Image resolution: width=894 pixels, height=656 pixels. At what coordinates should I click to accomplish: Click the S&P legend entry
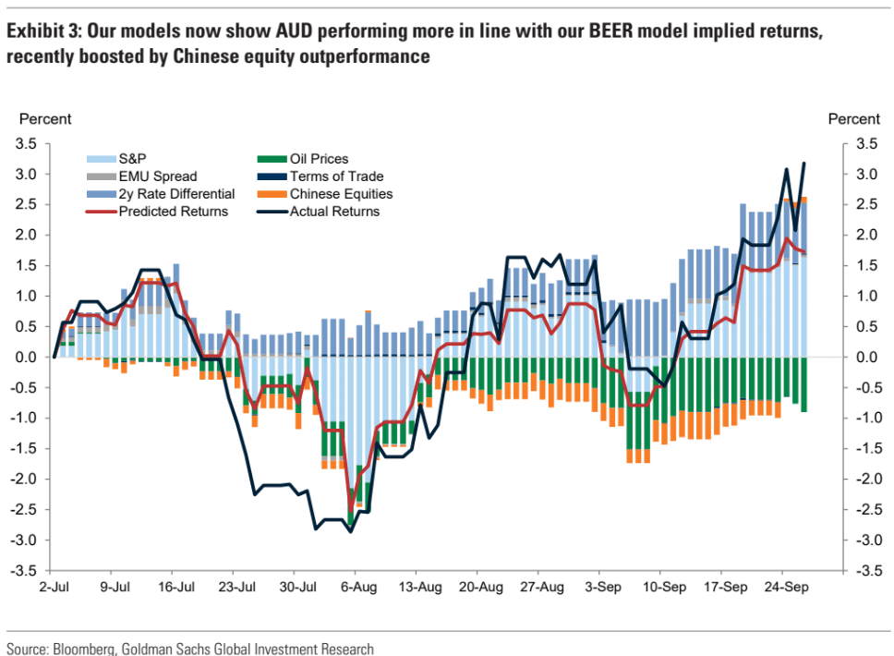click(x=133, y=159)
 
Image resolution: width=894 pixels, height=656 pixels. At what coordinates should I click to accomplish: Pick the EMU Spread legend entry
click(x=158, y=176)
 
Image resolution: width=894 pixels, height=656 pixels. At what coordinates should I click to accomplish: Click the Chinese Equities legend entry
click(x=341, y=194)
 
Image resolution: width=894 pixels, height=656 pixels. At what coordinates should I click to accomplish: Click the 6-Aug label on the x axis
click(x=357, y=586)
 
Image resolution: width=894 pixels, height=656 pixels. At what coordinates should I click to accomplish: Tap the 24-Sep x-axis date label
click(x=786, y=586)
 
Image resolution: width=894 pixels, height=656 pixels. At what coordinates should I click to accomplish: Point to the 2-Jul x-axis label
click(x=54, y=586)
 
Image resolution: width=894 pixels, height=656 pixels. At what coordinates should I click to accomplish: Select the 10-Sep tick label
click(x=664, y=586)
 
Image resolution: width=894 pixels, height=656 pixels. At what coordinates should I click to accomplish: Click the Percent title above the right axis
click(x=853, y=119)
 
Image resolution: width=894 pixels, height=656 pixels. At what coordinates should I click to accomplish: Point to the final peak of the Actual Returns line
click(x=803, y=164)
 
